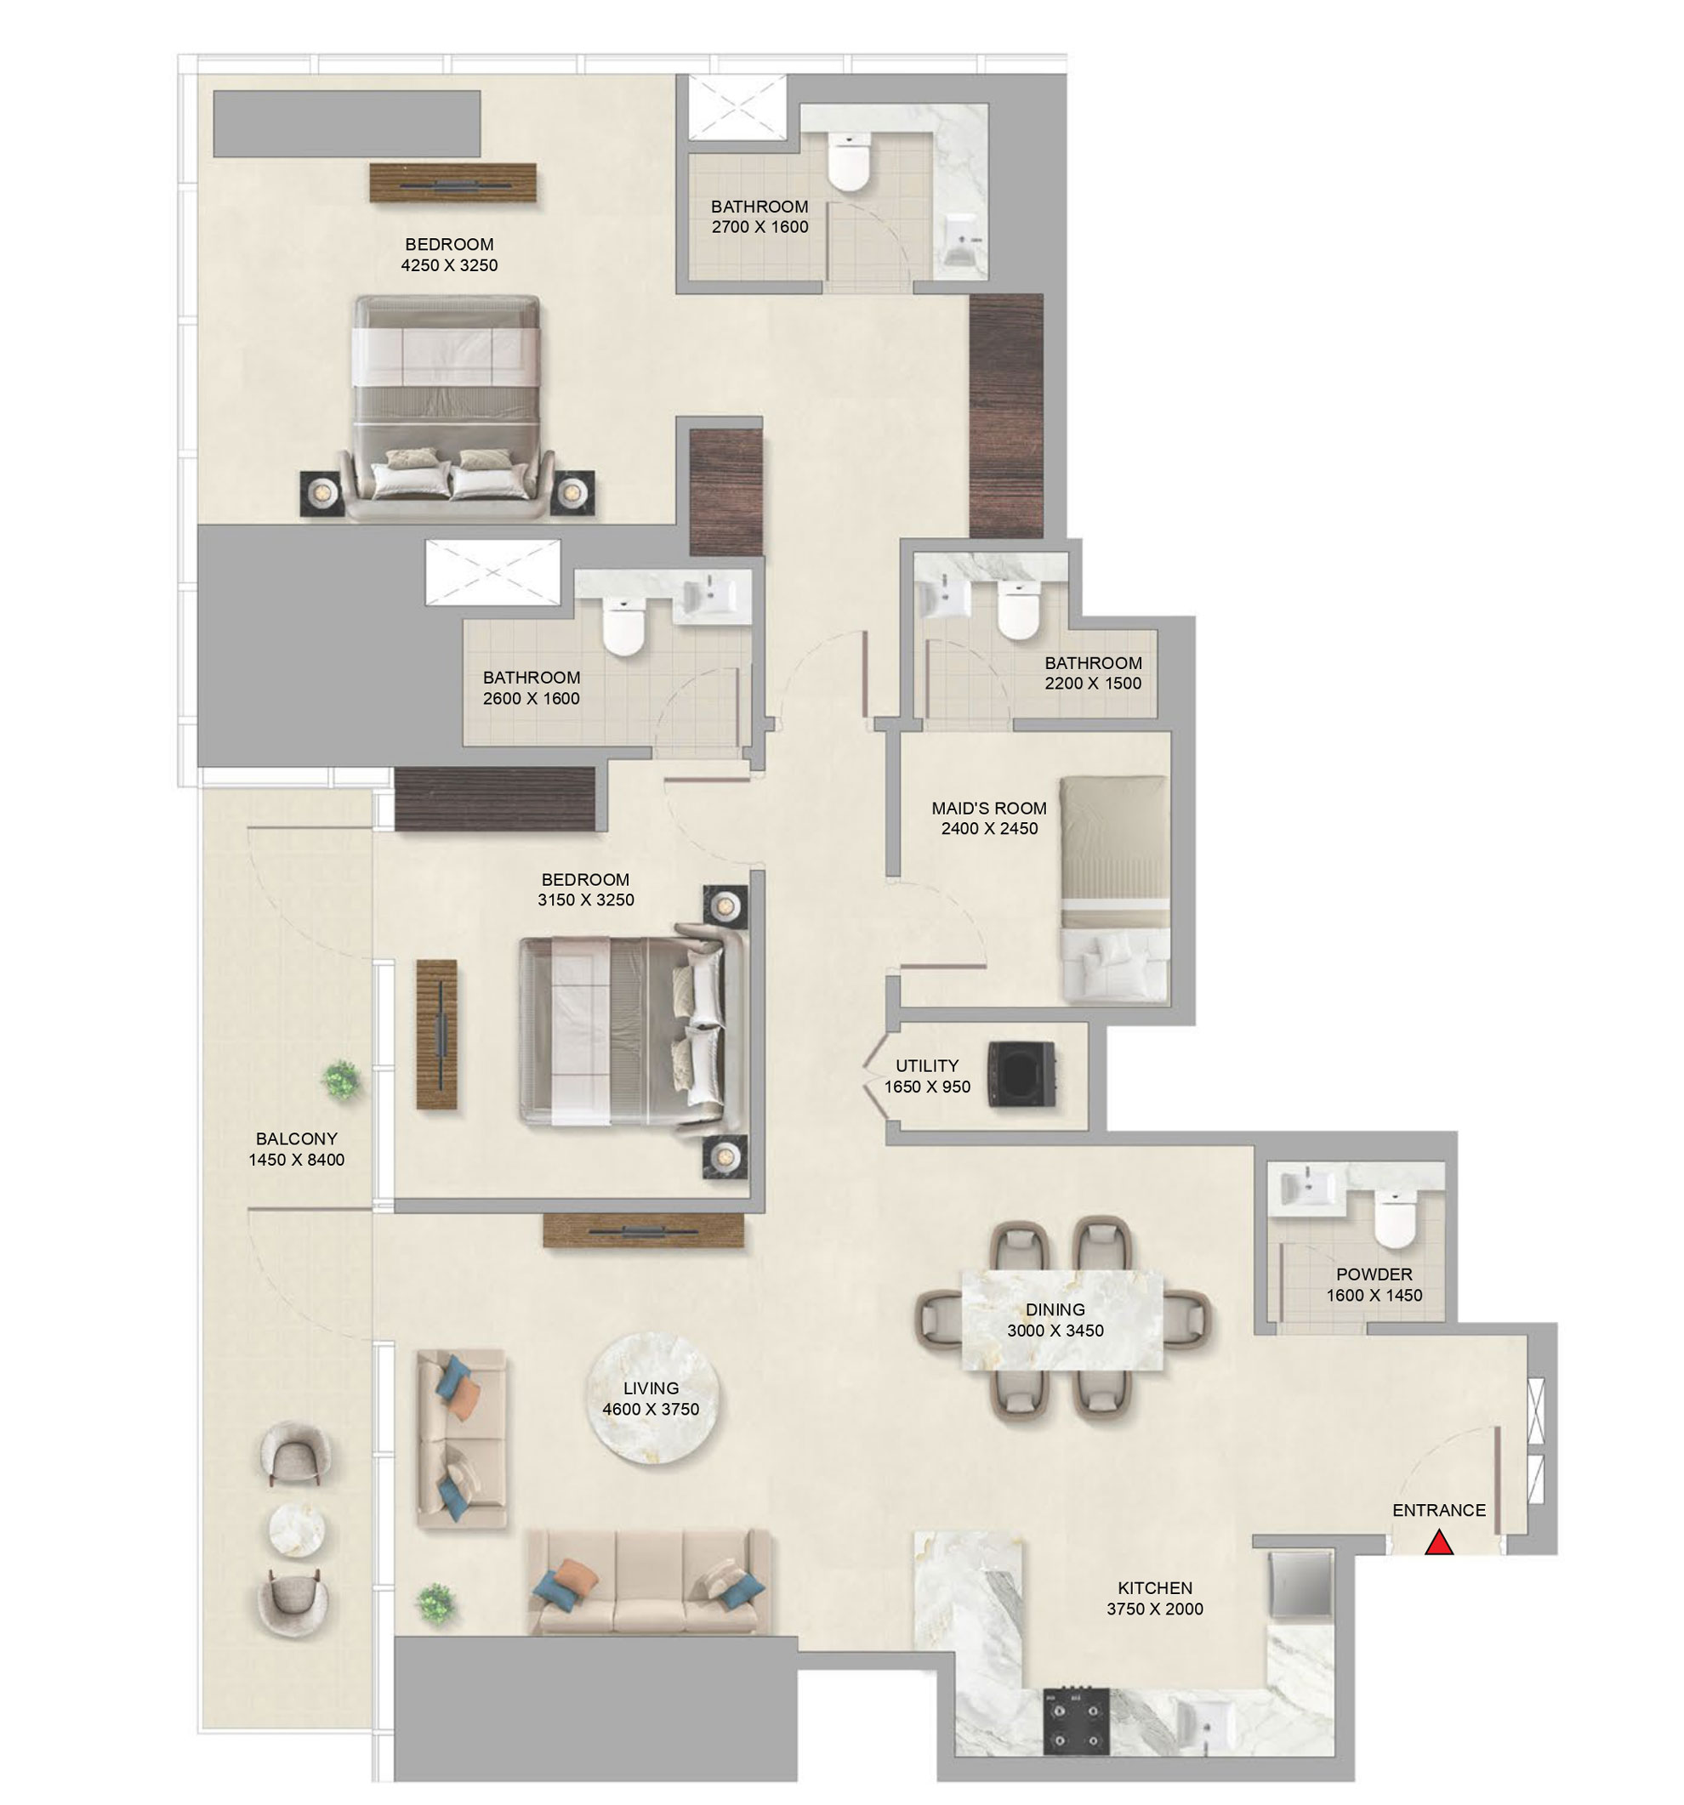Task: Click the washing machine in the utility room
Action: [x=1021, y=1074]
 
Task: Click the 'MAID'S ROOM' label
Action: [x=988, y=807]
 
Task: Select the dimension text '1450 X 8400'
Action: [x=296, y=1160]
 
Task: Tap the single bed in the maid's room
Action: [x=1113, y=888]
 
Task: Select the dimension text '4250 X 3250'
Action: [x=449, y=265]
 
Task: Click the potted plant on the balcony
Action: [x=342, y=1080]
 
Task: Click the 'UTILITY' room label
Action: [x=926, y=1065]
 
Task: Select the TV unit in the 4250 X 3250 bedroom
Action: [x=452, y=184]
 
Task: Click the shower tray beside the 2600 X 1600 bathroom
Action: [x=492, y=572]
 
